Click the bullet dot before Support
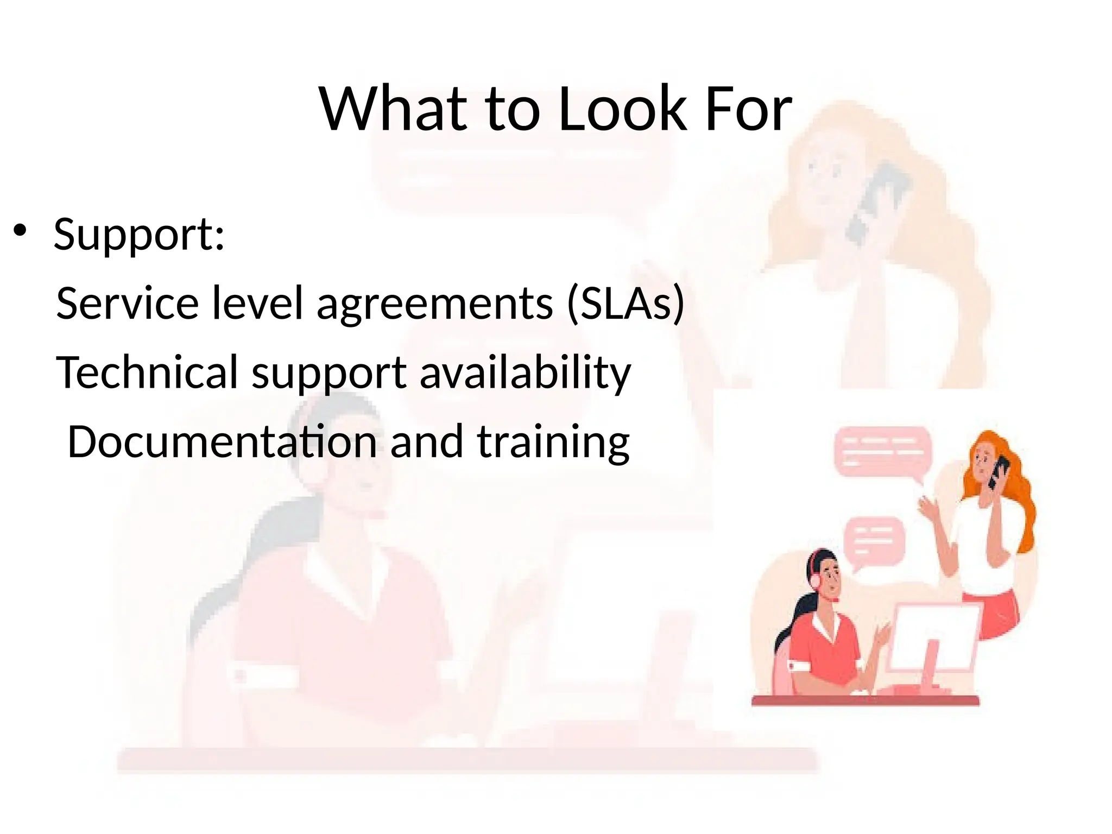click(x=20, y=230)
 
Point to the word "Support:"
click(x=139, y=235)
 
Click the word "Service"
click(x=128, y=303)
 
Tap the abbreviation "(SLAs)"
click(x=625, y=303)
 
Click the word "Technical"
click(x=147, y=372)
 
